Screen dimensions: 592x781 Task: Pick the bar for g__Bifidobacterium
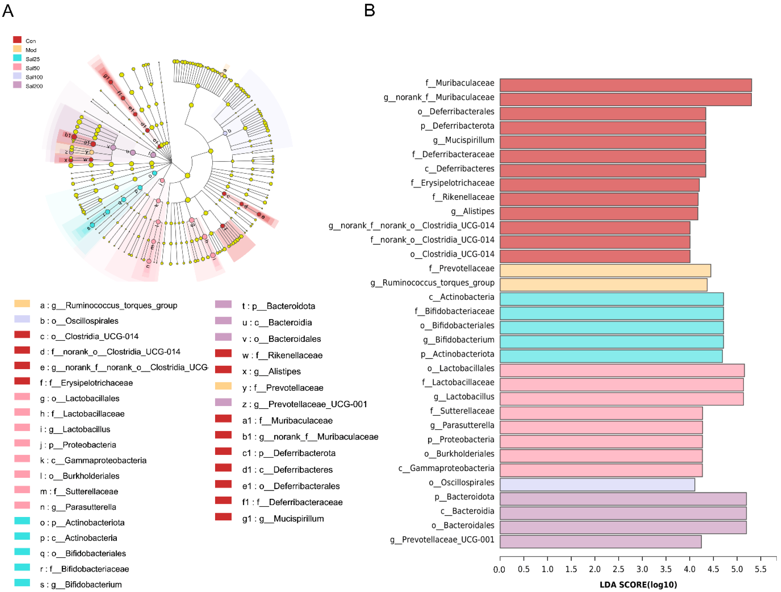pyautogui.click(x=611, y=342)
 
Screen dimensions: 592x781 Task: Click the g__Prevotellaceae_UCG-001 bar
pyautogui.click(x=600, y=542)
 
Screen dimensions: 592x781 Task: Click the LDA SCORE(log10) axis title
pyautogui.click(x=638, y=585)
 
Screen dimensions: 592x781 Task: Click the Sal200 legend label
pyautogui.click(x=34, y=86)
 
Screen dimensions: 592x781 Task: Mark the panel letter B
pyautogui.click(x=369, y=11)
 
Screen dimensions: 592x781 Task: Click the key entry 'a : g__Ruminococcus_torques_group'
pyautogui.click(x=108, y=305)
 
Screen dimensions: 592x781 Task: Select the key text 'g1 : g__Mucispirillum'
pyautogui.click(x=283, y=519)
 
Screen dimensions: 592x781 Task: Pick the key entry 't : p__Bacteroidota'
pyautogui.click(x=279, y=306)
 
